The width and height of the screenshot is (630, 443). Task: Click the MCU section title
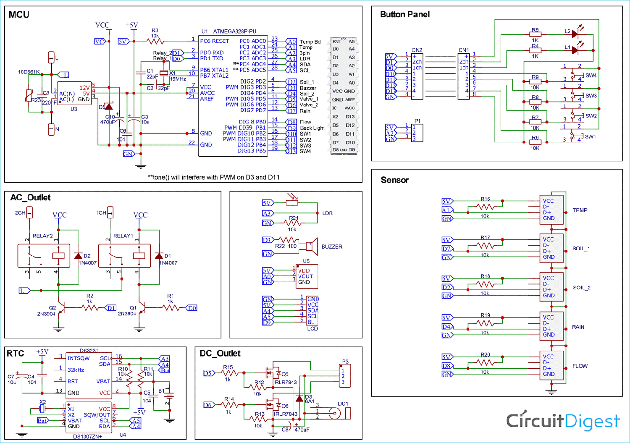pos(19,15)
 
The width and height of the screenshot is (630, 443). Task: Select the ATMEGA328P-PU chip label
pos(234,31)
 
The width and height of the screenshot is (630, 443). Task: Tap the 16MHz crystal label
pos(178,79)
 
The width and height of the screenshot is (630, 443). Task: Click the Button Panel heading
pos(404,14)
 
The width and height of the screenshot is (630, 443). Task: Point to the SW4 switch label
pos(591,76)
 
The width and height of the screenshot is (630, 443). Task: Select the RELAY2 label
pos(43,236)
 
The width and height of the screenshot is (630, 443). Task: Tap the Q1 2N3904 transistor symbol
pos(142,309)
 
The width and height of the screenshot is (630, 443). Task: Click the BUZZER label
pos(332,247)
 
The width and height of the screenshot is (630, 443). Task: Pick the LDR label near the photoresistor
pos(327,213)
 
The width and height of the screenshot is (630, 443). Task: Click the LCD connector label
pos(312,329)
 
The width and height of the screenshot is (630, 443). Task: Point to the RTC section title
pos(16,354)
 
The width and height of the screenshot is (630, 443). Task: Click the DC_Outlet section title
pos(220,354)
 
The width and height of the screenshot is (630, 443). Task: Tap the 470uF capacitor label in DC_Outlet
pos(302,430)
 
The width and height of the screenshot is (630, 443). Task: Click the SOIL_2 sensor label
pos(582,288)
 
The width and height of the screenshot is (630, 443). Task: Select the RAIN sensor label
pos(578,327)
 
